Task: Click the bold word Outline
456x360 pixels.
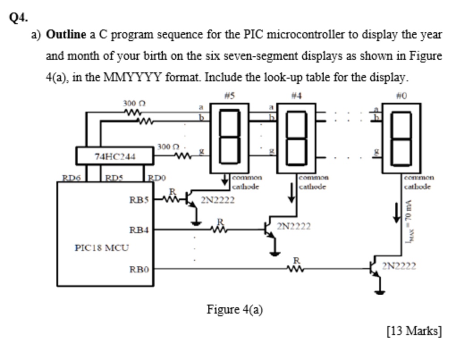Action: [x=66, y=34]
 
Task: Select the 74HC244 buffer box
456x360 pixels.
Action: [x=115, y=156]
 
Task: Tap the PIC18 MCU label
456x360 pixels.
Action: [x=101, y=247]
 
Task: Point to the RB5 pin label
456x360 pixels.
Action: [x=139, y=199]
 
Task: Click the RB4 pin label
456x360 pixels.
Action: [x=139, y=230]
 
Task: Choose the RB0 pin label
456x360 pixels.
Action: [x=139, y=269]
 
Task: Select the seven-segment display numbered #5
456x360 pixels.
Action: [x=230, y=138]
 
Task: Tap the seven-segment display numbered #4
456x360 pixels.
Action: [x=296, y=138]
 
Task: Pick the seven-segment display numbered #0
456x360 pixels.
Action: [x=401, y=138]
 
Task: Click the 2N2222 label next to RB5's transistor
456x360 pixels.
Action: [x=218, y=200]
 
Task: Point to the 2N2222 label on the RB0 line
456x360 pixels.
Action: [x=399, y=267]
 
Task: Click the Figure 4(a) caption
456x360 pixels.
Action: [x=234, y=309]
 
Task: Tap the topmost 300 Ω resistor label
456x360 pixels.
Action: [x=133, y=103]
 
